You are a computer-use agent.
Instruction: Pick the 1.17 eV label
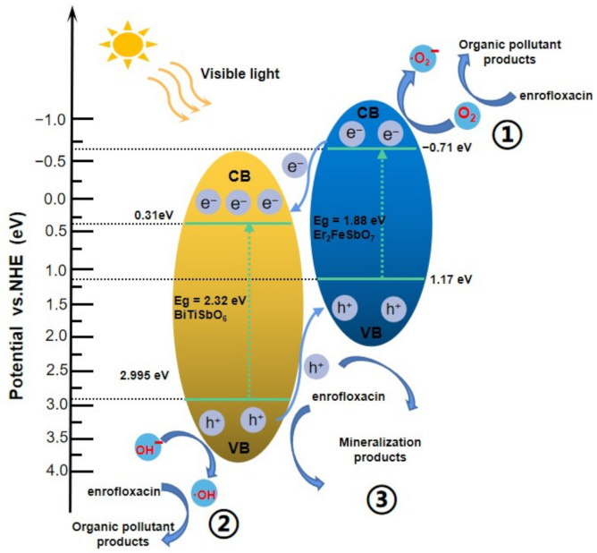coord(450,279)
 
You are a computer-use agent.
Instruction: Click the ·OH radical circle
coord(204,492)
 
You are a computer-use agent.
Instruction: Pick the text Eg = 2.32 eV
coord(210,301)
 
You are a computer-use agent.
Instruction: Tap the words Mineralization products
coord(382,449)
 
